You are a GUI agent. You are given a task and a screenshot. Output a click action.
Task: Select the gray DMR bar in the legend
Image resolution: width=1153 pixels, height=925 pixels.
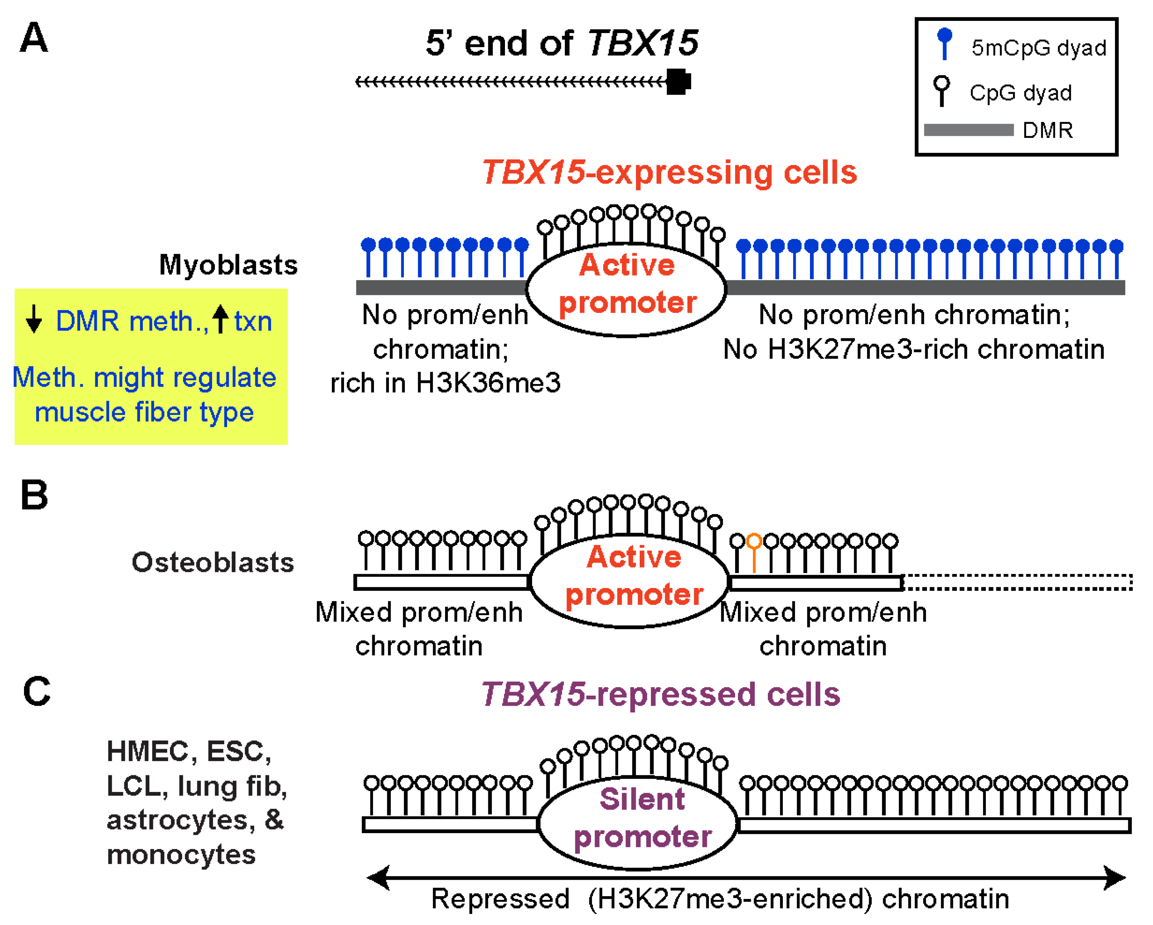click(x=968, y=130)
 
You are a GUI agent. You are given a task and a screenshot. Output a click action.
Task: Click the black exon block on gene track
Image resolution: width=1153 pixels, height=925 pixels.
click(x=678, y=82)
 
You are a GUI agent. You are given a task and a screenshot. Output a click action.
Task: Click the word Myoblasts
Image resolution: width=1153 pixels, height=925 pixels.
click(x=228, y=265)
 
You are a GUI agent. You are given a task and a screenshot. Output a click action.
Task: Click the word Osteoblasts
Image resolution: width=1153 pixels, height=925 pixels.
click(x=213, y=563)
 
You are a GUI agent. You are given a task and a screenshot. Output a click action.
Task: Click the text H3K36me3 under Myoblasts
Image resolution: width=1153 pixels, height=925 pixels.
click(x=488, y=383)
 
